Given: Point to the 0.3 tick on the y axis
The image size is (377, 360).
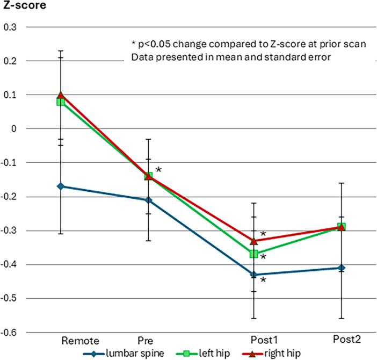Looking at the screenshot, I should pos(10,27).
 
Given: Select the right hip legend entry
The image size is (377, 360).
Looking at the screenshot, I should pos(282,353).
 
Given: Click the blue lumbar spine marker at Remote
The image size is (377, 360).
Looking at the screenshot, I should pos(61,186).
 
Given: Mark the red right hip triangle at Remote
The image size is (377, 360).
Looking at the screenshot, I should pos(61,95).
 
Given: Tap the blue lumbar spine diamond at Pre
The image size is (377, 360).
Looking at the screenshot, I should pos(149,200).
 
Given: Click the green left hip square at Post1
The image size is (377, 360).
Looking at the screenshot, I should pos(253,254).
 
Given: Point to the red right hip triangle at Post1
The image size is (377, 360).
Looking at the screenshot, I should pos(253,240).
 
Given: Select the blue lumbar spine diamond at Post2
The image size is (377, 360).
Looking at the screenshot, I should pos(342,268).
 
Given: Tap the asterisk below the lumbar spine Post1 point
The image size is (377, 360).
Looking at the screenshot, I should pos(263,280).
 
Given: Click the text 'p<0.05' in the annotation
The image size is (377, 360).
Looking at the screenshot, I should pos(155,45).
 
